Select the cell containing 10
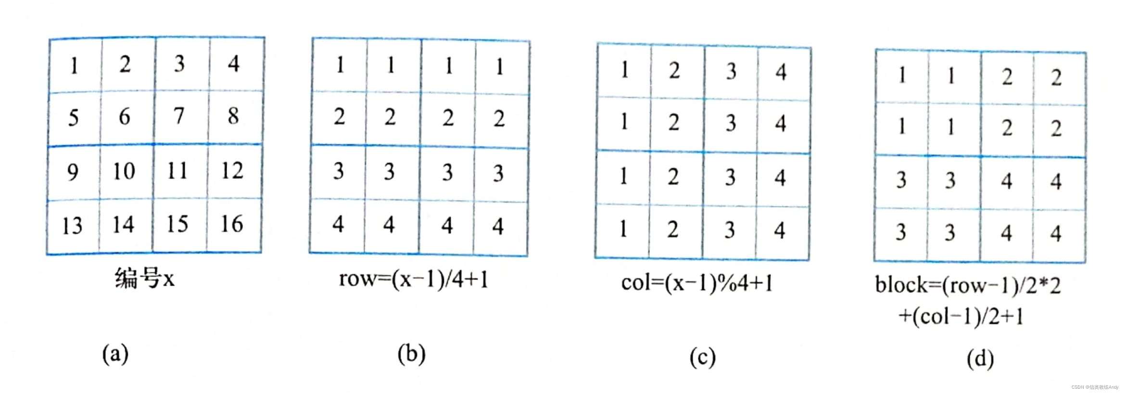pyautogui.click(x=124, y=171)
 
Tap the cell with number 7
pyautogui.click(x=178, y=116)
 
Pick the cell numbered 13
pyautogui.click(x=72, y=226)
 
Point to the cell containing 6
pyautogui.click(x=124, y=116)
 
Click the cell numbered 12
pyautogui.click(x=232, y=171)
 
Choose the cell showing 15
pyautogui.click(x=177, y=224)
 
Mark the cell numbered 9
pyautogui.click(x=73, y=172)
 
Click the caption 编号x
pyautogui.click(x=144, y=279)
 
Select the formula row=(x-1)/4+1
pyautogui.click(x=414, y=279)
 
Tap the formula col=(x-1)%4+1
pyautogui.click(x=697, y=283)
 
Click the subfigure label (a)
pyautogui.click(x=115, y=354)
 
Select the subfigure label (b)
pyautogui.click(x=411, y=354)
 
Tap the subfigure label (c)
pyautogui.click(x=702, y=357)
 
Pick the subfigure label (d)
pyautogui.click(x=980, y=359)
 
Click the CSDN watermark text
pyautogui.click(x=1095, y=387)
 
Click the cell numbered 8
pyautogui.click(x=233, y=116)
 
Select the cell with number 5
pyautogui.click(x=73, y=117)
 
